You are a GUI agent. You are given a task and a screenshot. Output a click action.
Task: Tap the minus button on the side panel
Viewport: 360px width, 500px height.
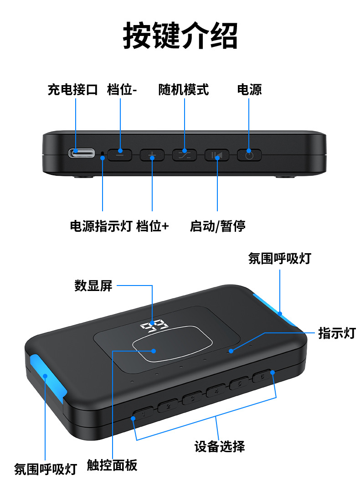coord(120,154)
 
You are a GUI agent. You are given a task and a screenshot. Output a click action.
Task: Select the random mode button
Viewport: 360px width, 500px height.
coord(185,154)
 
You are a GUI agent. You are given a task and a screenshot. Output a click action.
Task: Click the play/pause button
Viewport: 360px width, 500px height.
coord(217,155)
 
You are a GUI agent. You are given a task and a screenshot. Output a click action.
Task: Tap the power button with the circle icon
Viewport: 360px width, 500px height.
coord(249,155)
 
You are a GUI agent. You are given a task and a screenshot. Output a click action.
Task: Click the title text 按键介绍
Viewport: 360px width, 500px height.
coord(180,36)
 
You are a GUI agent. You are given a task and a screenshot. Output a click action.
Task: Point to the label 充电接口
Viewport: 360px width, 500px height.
coord(73,89)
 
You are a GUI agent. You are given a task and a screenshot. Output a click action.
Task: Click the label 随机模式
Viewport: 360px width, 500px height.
coord(184,89)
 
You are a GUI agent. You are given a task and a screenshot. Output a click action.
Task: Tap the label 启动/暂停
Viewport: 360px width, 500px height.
coord(217,226)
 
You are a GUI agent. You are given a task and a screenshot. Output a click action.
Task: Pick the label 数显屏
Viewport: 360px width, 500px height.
coord(93,286)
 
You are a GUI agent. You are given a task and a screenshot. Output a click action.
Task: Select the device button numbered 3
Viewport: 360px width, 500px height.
coord(192,398)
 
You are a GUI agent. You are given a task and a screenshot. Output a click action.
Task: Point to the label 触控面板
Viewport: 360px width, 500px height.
coord(112,465)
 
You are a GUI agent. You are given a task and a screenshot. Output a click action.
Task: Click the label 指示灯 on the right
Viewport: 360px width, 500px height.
coord(336,333)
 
